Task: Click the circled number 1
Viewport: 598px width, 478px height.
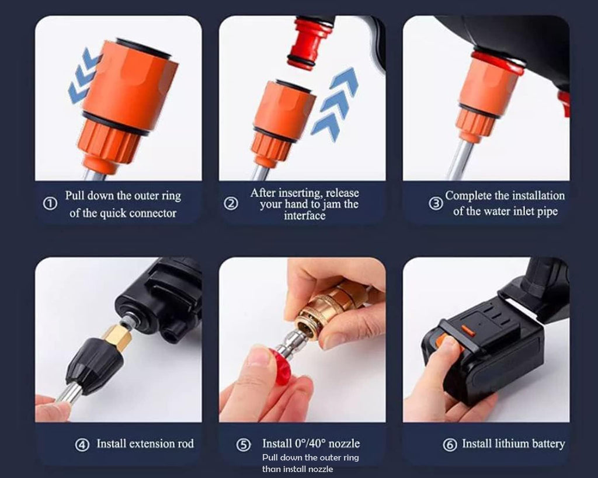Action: point(50,204)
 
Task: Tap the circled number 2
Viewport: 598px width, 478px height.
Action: point(231,204)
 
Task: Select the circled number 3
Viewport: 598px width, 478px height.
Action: point(436,204)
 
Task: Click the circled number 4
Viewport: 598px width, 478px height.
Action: point(82,445)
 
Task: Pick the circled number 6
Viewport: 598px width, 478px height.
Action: point(450,445)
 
